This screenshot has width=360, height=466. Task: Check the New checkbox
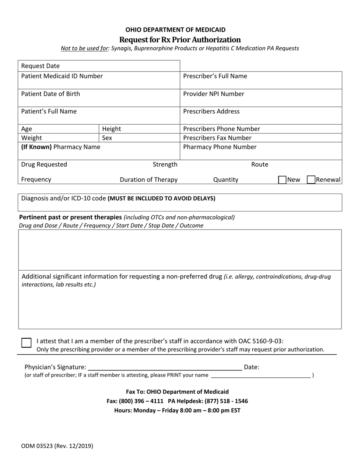pos(282,180)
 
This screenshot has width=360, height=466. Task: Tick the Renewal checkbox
pos(311,180)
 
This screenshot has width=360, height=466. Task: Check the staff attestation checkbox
pos(26,343)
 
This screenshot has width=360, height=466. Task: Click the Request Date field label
pos(41,66)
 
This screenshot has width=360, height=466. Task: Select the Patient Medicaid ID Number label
pos(62,76)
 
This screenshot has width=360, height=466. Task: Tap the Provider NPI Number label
pos(213,94)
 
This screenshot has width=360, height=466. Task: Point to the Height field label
pos(111,129)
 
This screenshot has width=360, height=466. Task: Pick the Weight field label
pos(31,138)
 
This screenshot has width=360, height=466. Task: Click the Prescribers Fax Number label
pos(217,138)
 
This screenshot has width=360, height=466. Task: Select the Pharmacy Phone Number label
pos(220,147)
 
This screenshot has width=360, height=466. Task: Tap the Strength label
pos(165,164)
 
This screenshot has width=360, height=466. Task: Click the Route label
pos(260,164)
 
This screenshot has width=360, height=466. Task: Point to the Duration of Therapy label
pos(149,180)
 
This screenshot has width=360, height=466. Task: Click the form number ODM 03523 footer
pos(57,446)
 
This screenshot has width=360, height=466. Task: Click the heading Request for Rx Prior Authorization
pos(180,40)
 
